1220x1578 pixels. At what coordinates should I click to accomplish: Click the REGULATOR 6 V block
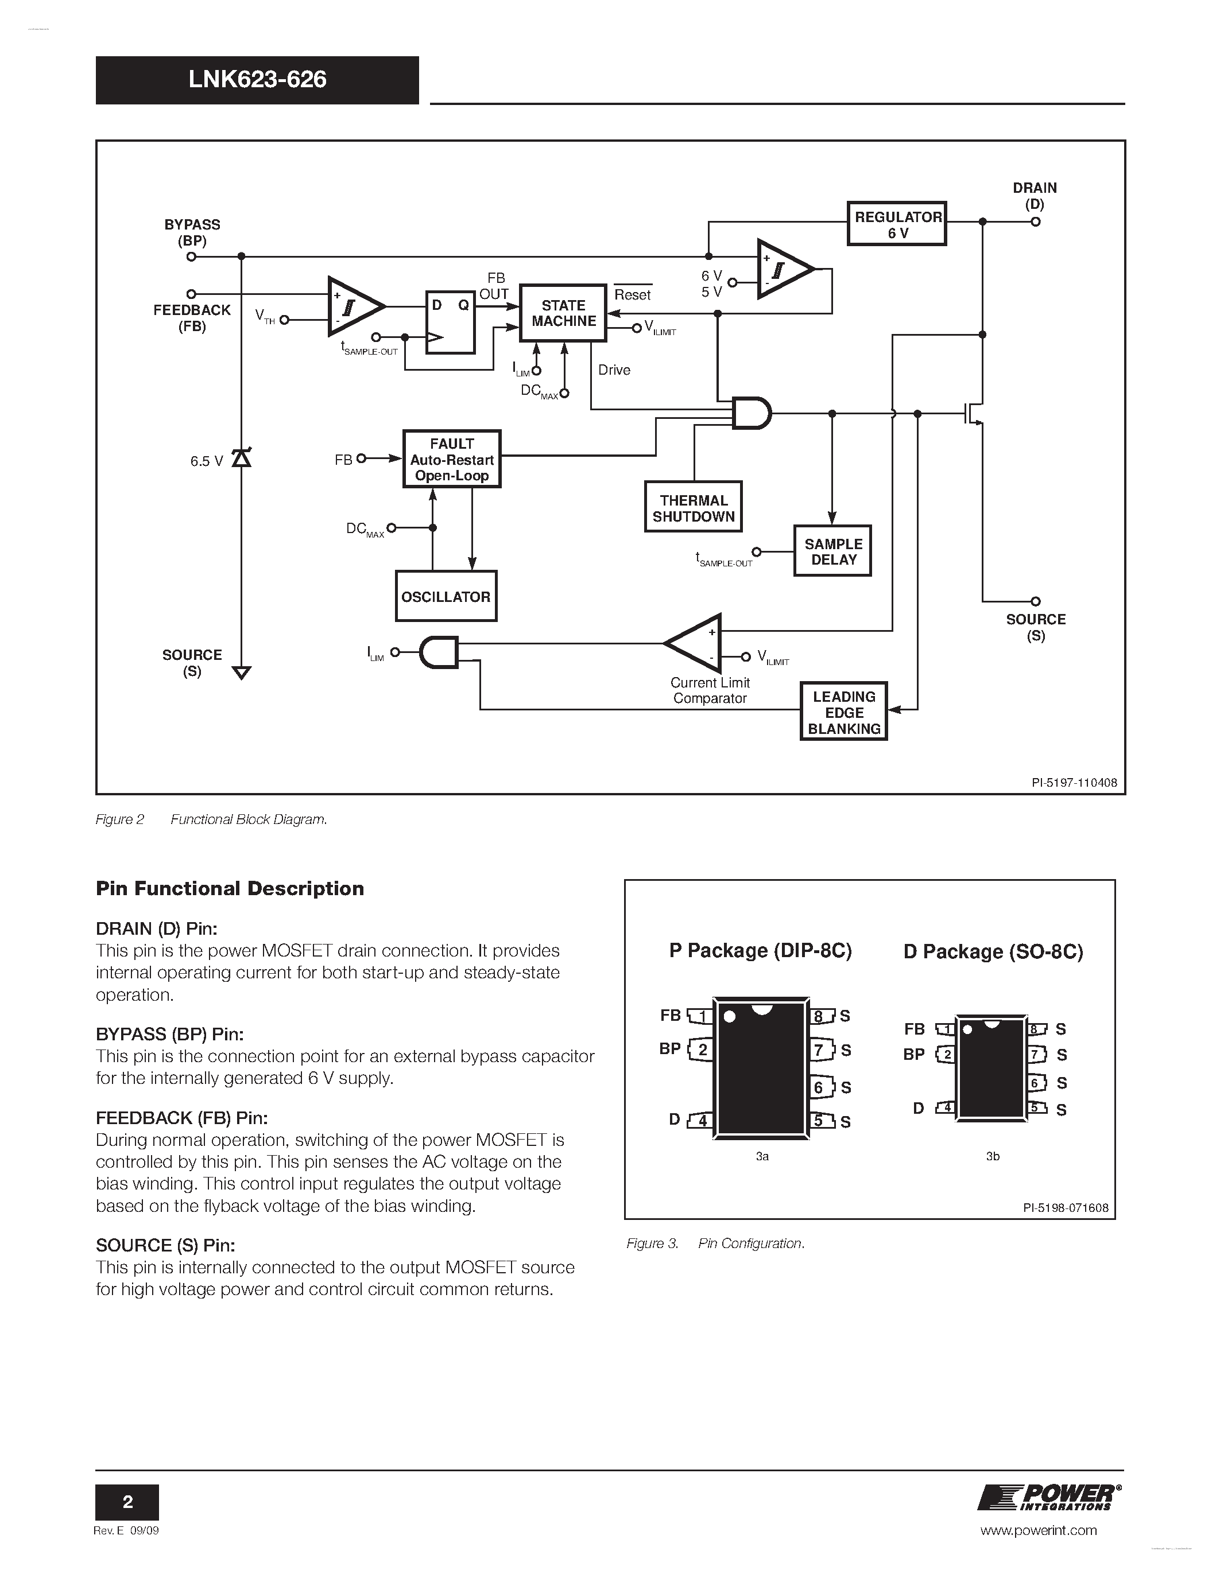click(896, 224)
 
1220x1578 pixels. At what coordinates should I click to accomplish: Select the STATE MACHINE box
click(563, 313)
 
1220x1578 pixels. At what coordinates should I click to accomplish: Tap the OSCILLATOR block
click(446, 596)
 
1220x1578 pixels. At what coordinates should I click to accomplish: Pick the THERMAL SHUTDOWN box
click(693, 507)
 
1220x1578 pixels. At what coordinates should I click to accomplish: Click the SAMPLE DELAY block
click(832, 550)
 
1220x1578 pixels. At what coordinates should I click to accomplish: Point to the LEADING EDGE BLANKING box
click(843, 712)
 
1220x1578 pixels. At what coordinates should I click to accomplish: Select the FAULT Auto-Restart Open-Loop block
click(452, 460)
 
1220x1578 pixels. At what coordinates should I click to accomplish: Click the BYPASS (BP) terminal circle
click(192, 256)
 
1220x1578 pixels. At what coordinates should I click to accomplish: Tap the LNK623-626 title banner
click(257, 80)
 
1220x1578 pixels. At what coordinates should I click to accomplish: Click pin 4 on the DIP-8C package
click(700, 1121)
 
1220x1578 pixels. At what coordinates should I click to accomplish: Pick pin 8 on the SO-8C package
click(1036, 1029)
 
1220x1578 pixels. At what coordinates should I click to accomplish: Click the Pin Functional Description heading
click(230, 888)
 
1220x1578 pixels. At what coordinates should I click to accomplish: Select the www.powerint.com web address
click(1038, 1530)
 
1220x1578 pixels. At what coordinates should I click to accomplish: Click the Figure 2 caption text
click(211, 819)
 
